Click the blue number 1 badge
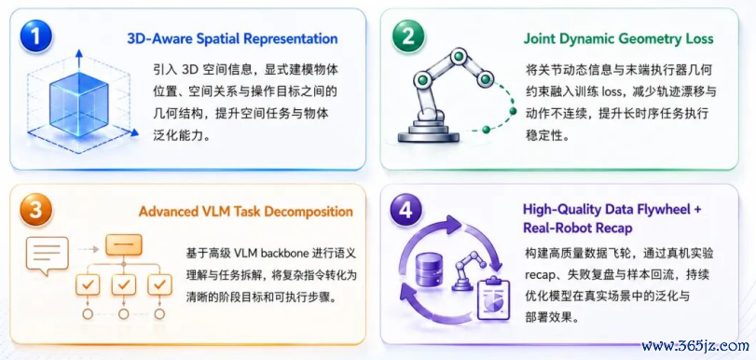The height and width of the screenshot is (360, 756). point(36,36)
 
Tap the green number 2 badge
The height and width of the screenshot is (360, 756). point(407,36)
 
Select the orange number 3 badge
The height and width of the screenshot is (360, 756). point(36,210)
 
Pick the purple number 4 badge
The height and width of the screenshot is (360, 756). point(407,210)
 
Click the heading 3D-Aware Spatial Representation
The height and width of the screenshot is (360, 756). point(232,38)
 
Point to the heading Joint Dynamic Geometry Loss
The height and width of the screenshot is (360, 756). point(619,38)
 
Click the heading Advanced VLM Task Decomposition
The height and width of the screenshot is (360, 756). point(246,212)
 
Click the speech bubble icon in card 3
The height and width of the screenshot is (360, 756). point(48,256)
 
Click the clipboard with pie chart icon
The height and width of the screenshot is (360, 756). point(493,298)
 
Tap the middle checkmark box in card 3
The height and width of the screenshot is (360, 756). point(124,284)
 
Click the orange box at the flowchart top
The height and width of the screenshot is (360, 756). point(124,245)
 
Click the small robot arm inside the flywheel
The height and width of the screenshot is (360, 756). point(463,271)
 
